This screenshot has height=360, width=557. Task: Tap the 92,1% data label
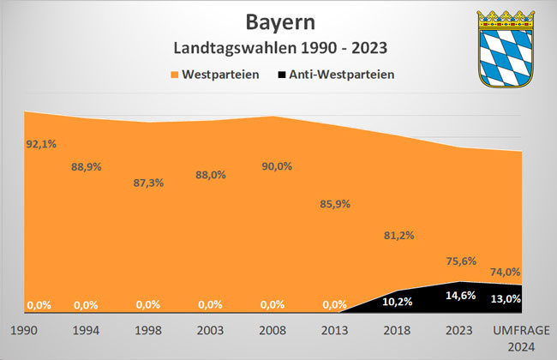point(41,144)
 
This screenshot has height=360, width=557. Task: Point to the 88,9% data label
point(86,166)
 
